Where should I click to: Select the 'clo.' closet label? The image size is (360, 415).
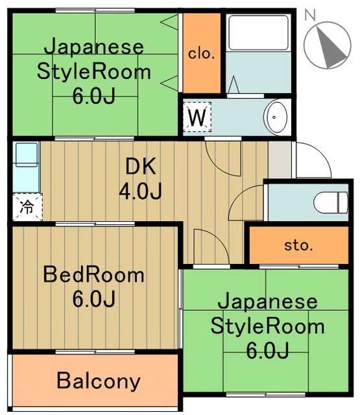tap(201, 54)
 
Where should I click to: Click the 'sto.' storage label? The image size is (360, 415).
tap(298, 246)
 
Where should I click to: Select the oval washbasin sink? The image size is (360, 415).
tap(275, 117)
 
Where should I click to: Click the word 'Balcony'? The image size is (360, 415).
tap(98, 381)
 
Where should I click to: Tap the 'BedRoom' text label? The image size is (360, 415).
tap(93, 275)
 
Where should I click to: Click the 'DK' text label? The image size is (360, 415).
tap(140, 167)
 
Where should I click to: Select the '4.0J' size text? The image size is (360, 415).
tap(140, 191)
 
